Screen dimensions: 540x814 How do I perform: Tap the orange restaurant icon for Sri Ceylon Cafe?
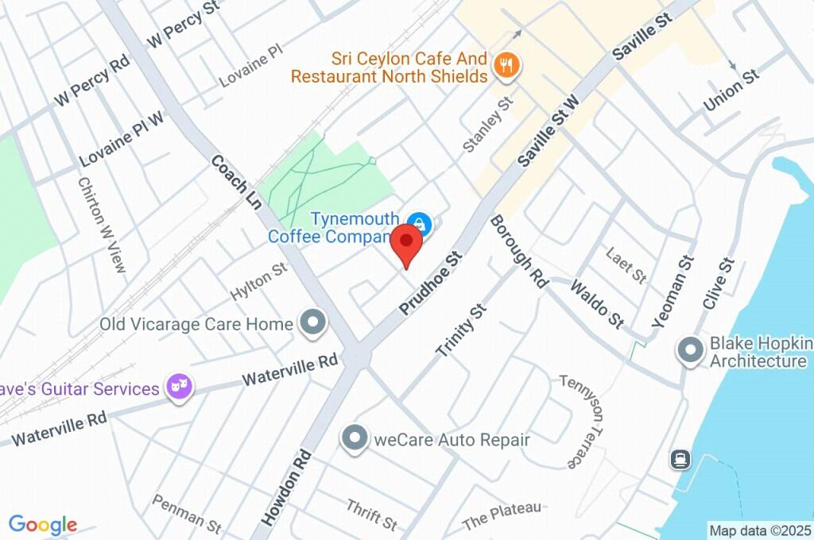[x=506, y=66]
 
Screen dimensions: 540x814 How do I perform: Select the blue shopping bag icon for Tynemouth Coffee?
[x=418, y=225]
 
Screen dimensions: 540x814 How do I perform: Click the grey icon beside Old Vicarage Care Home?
[x=314, y=322]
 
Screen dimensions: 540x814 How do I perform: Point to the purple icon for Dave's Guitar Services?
[x=180, y=388]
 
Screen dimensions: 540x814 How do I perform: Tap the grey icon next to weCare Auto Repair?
[x=354, y=438]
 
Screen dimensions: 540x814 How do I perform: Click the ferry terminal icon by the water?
[x=680, y=460]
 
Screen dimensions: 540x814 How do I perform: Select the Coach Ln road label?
[x=236, y=182]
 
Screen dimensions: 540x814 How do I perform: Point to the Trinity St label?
[x=460, y=330]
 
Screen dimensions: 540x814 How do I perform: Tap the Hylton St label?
[x=258, y=283]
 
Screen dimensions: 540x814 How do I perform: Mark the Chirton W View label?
[x=102, y=225]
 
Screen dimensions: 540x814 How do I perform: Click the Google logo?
[x=43, y=525]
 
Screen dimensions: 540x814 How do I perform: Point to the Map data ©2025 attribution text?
[x=759, y=530]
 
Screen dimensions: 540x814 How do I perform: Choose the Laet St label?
[x=626, y=265]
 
